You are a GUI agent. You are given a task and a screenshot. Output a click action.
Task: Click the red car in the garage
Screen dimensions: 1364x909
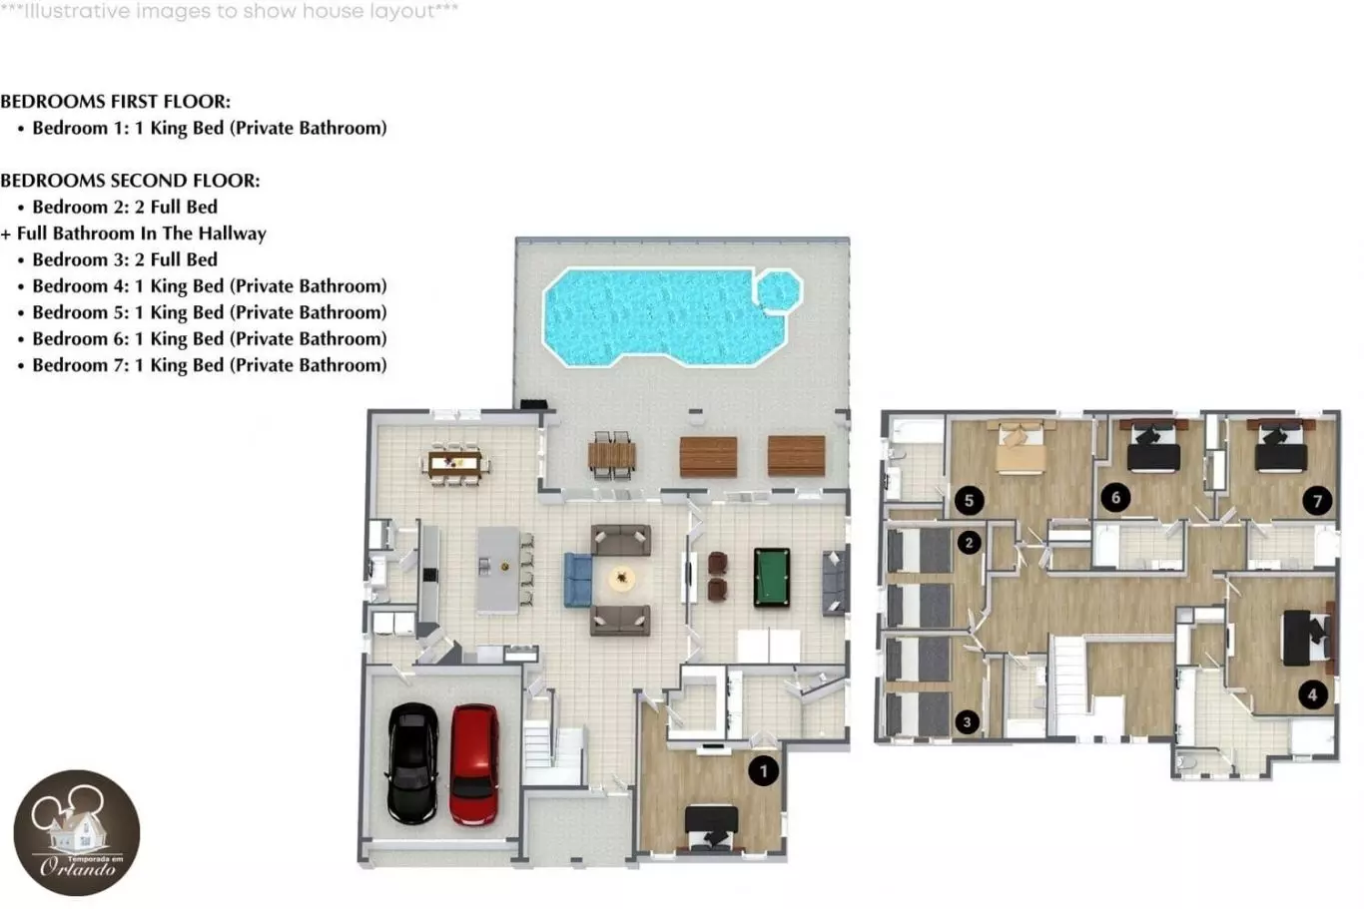coord(474,764)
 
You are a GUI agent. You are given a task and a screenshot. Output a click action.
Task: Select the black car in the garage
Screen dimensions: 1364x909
coord(412,763)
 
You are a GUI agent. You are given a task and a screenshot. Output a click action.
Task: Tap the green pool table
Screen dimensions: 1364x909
coord(772,578)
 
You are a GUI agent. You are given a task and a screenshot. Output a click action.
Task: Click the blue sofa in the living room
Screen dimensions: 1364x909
coord(577,580)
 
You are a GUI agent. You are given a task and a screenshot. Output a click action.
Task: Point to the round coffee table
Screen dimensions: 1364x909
coord(622,578)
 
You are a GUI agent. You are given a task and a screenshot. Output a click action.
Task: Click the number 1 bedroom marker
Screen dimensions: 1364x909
coord(764,771)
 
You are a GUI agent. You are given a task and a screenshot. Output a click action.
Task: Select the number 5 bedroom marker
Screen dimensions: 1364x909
coord(969,501)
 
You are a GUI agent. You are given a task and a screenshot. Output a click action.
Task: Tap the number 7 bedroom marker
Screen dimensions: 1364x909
coord(1317,501)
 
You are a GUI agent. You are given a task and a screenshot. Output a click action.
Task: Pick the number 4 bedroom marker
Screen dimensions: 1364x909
coord(1312,694)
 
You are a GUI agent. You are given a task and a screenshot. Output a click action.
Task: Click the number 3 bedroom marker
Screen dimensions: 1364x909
coord(967,722)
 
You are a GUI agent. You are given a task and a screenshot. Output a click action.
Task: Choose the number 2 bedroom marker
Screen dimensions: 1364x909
coord(969,542)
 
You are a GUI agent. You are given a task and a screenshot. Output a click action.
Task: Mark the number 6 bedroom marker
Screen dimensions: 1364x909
coord(1115,498)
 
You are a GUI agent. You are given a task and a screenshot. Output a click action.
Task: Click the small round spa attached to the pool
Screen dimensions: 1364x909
coord(779,291)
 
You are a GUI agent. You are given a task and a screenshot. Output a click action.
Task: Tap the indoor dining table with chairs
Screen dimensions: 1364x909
coord(455,464)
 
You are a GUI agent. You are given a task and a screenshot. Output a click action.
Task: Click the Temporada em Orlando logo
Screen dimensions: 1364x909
coord(77,832)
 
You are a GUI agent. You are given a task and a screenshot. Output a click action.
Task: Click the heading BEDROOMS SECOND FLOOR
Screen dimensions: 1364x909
coord(130,181)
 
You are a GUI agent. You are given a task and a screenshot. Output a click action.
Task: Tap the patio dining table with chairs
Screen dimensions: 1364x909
coord(612,455)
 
